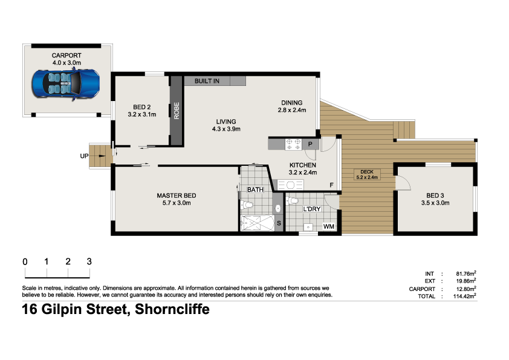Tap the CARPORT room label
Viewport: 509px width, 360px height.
pyautogui.click(x=66, y=56)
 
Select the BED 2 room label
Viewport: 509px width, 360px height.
pyautogui.click(x=142, y=107)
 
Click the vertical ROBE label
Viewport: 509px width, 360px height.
pyautogui.click(x=177, y=111)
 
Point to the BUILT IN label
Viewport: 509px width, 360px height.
pyautogui.click(x=207, y=81)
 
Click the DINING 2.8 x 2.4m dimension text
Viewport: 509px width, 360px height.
pyautogui.click(x=292, y=110)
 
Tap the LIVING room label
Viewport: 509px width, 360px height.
pyautogui.click(x=226, y=122)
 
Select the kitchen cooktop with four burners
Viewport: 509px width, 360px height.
pyautogui.click(x=293, y=144)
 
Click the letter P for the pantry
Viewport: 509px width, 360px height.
pyautogui.click(x=310, y=144)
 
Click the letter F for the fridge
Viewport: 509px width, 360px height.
pyautogui.click(x=331, y=185)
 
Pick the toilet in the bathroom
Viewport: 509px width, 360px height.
pyautogui.click(x=247, y=205)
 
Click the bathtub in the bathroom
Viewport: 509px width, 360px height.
pyautogui.click(x=258, y=223)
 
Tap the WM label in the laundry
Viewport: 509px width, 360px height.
pyautogui.click(x=328, y=226)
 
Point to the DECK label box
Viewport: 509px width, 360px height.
pyautogui.click(x=367, y=174)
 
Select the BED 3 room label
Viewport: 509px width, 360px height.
pyautogui.click(x=435, y=195)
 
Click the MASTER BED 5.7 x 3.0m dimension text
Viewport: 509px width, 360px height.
pyautogui.click(x=177, y=203)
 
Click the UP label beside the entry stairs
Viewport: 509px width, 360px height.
pyautogui.click(x=84, y=156)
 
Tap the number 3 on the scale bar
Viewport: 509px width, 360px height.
pyautogui.click(x=89, y=261)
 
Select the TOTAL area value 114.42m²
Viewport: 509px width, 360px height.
pyautogui.click(x=464, y=296)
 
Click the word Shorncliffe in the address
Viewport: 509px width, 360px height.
pyautogui.click(x=172, y=309)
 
